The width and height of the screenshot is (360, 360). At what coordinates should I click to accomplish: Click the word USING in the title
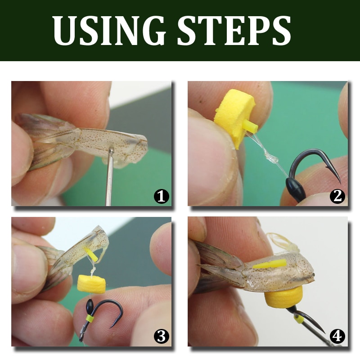(109, 30)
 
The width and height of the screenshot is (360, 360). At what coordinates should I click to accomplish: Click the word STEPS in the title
(234, 30)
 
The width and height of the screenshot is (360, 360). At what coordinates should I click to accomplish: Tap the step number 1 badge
(162, 197)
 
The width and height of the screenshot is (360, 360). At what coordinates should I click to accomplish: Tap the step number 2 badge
(337, 197)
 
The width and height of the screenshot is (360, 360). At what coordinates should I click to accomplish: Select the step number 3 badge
(162, 337)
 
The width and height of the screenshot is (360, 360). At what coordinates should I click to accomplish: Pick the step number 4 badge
(337, 337)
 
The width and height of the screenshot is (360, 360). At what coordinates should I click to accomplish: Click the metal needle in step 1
(110, 176)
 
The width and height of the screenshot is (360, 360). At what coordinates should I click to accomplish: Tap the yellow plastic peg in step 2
(251, 127)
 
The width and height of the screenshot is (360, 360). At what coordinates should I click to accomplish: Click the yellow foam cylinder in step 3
(91, 284)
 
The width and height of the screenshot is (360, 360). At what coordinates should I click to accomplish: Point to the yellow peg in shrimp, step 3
(91, 254)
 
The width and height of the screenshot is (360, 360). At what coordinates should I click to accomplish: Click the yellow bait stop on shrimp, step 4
(270, 264)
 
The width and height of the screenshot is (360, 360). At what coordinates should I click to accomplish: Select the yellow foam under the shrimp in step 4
(283, 297)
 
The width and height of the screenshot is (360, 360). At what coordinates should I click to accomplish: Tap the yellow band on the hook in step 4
(299, 319)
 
